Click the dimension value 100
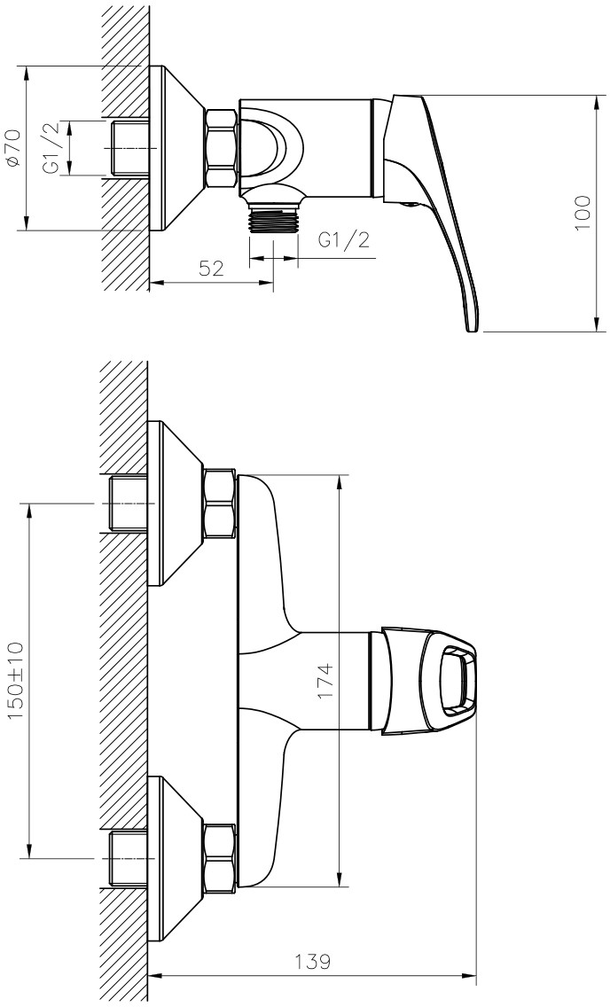click(x=583, y=214)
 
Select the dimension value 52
click(x=211, y=268)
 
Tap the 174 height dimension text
click(x=325, y=681)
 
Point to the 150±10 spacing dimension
click(x=15, y=680)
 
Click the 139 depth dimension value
click(x=313, y=962)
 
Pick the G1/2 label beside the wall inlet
click(x=51, y=148)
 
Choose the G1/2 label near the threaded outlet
click(x=344, y=240)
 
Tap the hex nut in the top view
click(x=222, y=149)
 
